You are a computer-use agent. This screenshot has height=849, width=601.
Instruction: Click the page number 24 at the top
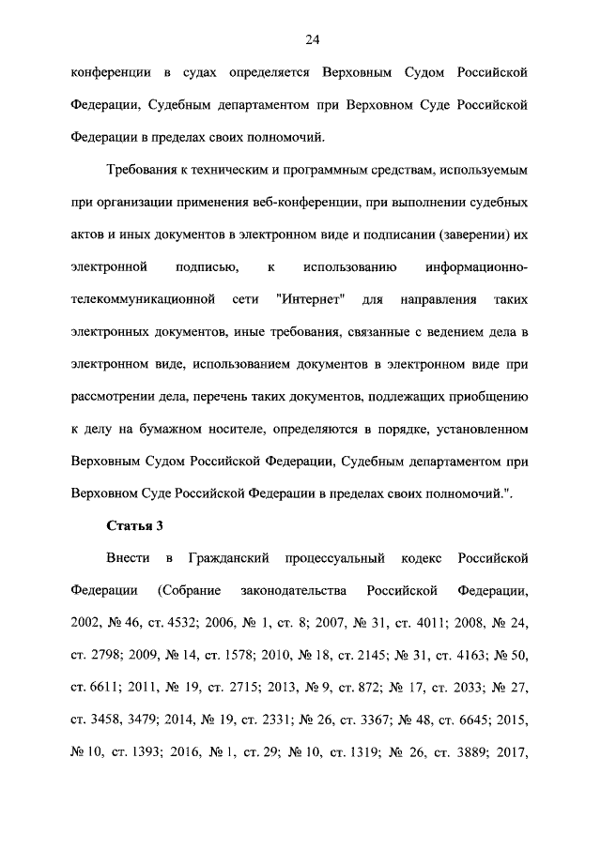tap(300, 38)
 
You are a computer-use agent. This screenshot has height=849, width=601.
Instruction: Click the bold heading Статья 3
tap(134, 524)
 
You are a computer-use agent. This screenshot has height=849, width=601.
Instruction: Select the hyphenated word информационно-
tap(476, 265)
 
